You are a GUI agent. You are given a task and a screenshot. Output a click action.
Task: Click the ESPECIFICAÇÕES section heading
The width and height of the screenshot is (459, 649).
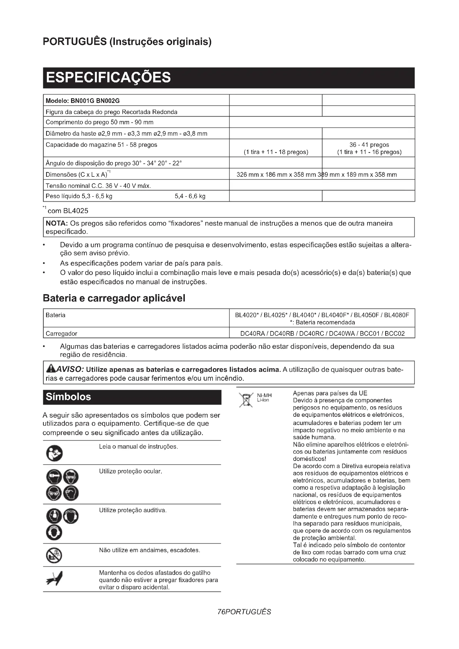[x=108, y=77]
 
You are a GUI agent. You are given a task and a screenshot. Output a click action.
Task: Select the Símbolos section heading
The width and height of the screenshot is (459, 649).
[x=68, y=397]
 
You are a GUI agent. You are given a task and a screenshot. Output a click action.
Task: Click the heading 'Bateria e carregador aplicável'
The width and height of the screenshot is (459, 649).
[x=114, y=298]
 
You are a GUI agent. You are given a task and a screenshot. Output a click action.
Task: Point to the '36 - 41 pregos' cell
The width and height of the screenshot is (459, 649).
[x=369, y=145]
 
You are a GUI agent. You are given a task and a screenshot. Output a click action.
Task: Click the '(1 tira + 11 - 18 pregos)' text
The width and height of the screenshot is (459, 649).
[x=276, y=152]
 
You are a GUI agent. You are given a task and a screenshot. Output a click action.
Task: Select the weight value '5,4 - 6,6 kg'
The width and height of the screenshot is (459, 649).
[x=190, y=196]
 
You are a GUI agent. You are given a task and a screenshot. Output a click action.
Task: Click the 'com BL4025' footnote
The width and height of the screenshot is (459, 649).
[x=68, y=211]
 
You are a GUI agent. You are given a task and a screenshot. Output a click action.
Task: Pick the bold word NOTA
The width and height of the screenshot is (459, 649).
[x=57, y=224]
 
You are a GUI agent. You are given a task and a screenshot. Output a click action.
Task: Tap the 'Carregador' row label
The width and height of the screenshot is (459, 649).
[x=61, y=334]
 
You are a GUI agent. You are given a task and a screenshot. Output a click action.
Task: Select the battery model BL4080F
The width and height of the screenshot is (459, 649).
[x=397, y=315]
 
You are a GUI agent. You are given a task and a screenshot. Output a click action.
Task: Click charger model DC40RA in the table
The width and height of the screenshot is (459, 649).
[x=252, y=334]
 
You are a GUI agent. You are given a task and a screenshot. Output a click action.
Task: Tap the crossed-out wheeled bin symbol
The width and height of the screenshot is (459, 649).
[x=246, y=399]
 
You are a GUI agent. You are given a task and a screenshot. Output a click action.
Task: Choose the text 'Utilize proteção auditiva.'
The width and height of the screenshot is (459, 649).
[x=133, y=510]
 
